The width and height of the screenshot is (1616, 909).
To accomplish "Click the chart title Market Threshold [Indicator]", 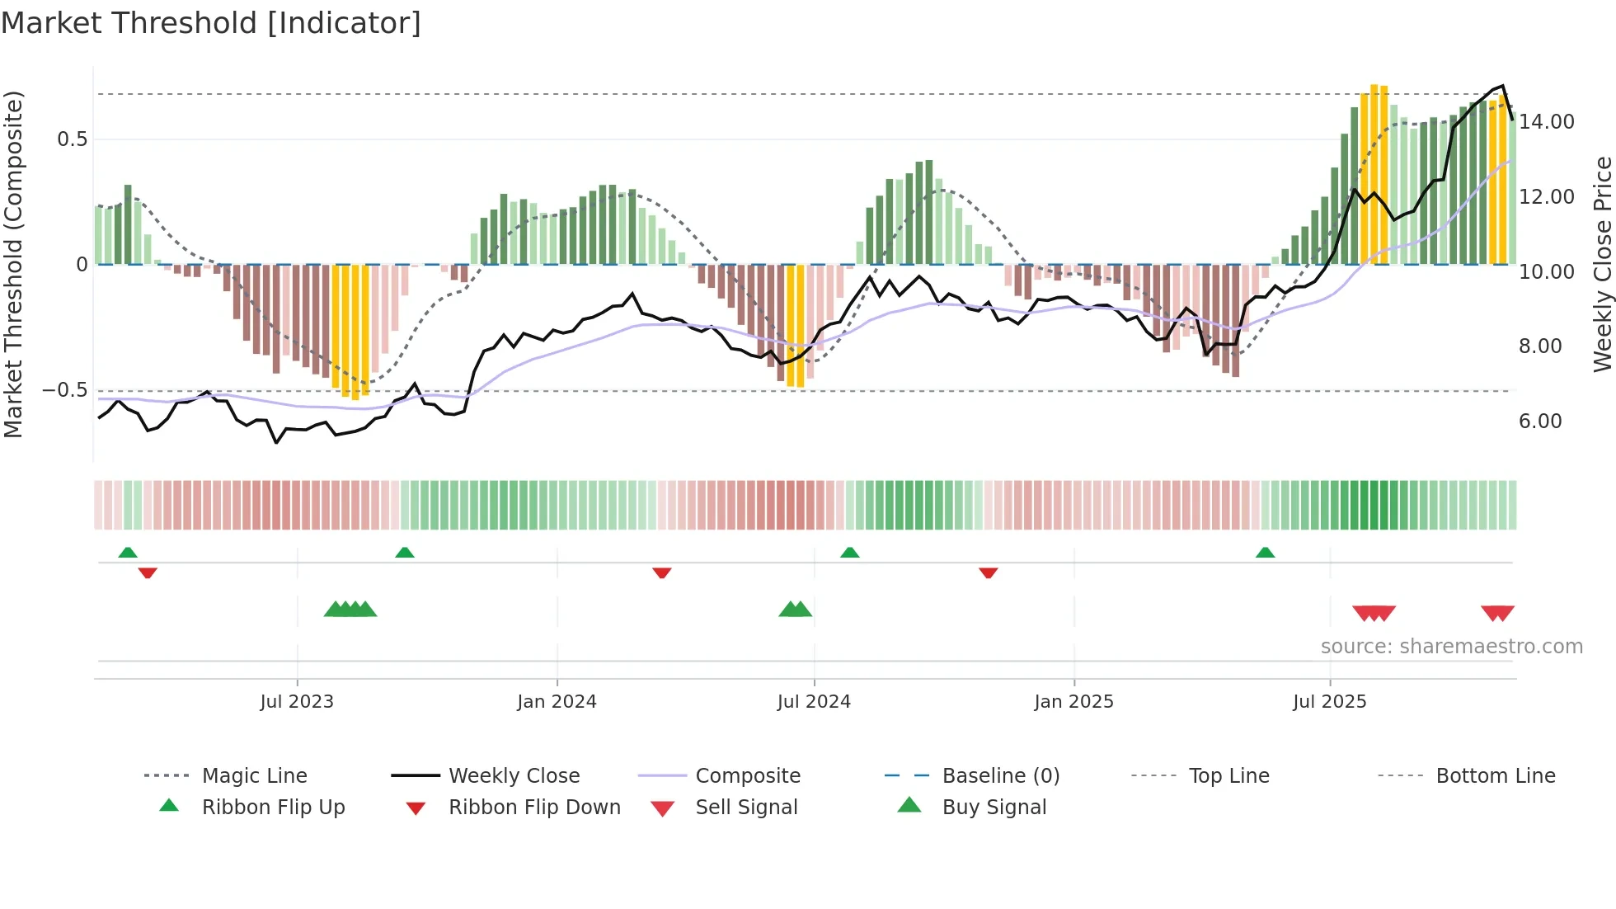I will coord(211,23).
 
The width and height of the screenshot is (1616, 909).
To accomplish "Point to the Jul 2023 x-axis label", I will coord(297,701).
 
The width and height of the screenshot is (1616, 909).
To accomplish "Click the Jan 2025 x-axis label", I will coord(1073,701).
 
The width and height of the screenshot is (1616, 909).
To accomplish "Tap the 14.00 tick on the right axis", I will coord(1546,122).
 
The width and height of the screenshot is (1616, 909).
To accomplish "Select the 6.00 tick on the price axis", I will coord(1540,422).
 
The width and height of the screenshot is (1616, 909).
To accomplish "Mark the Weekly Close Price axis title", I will coord(1602,264).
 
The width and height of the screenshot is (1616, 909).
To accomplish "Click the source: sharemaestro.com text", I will coord(1451,646).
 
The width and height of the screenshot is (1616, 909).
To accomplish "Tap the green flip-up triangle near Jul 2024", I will coord(850,553).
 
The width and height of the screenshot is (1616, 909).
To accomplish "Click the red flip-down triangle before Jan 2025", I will coord(989,572).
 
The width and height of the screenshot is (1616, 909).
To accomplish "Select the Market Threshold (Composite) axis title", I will coord(13,264).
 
